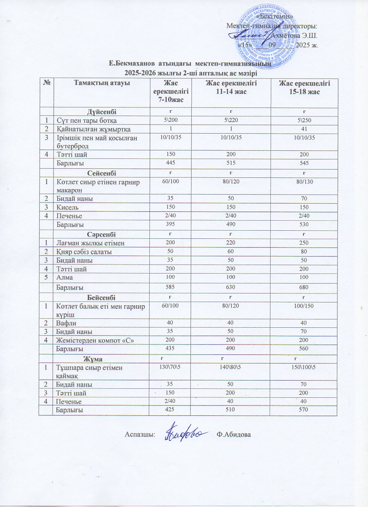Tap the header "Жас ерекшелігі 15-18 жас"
click(x=304, y=87)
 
